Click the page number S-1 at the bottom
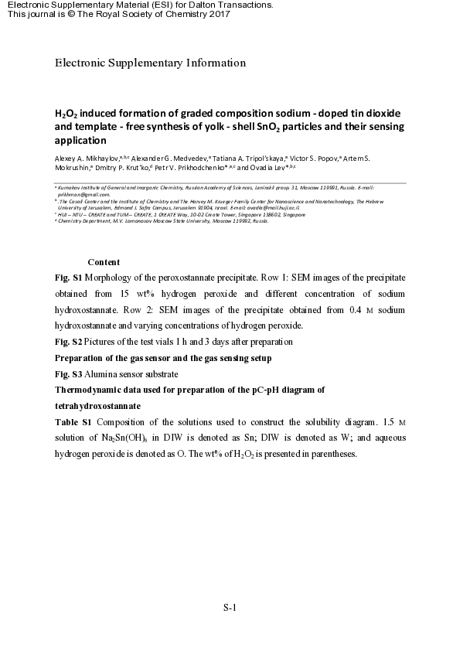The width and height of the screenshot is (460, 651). pyautogui.click(x=229, y=608)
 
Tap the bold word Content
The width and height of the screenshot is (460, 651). pyautogui.click(x=104, y=262)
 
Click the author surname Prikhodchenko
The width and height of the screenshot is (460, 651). pyautogui.click(x=197, y=167)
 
